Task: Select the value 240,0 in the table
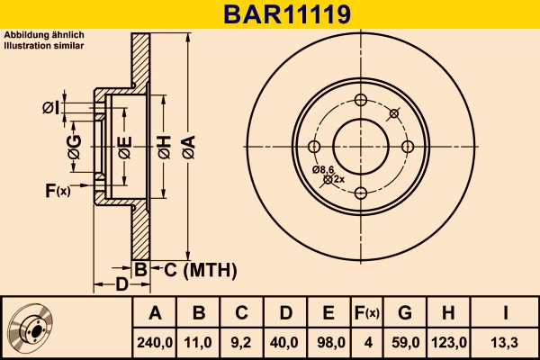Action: coord(155,342)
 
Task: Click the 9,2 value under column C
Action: coord(242,342)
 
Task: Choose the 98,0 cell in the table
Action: coord(328,342)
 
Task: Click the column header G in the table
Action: coord(404,313)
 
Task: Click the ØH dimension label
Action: coord(163,147)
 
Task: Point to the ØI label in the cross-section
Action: coord(51,109)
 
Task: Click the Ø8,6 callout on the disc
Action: coord(324,169)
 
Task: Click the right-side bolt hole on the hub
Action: coord(407,147)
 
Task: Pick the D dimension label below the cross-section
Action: coord(121,285)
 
